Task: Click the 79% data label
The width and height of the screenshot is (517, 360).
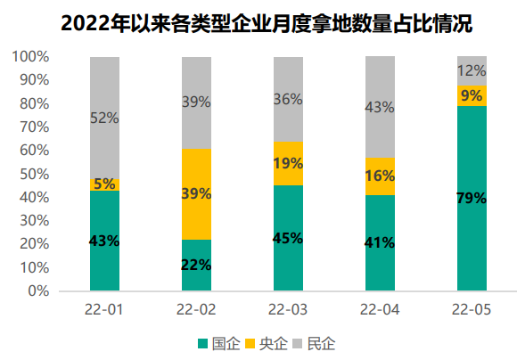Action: click(x=472, y=198)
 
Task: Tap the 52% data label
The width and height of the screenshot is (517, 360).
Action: click(x=104, y=118)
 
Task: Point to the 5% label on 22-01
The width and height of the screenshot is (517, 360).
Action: click(x=104, y=184)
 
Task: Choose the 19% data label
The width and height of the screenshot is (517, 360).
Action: click(x=288, y=163)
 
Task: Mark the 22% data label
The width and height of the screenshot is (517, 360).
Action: click(x=196, y=265)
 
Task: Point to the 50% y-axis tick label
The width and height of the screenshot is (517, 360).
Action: click(x=34, y=174)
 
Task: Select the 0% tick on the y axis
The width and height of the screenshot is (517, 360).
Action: click(x=37, y=290)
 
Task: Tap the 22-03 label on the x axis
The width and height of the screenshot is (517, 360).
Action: click(x=288, y=309)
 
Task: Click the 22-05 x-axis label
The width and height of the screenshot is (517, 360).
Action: click(x=472, y=309)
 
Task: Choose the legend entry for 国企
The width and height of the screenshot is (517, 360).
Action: click(x=218, y=343)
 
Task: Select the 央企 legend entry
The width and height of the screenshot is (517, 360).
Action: click(x=267, y=343)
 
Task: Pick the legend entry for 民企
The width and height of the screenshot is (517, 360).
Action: click(x=316, y=343)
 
